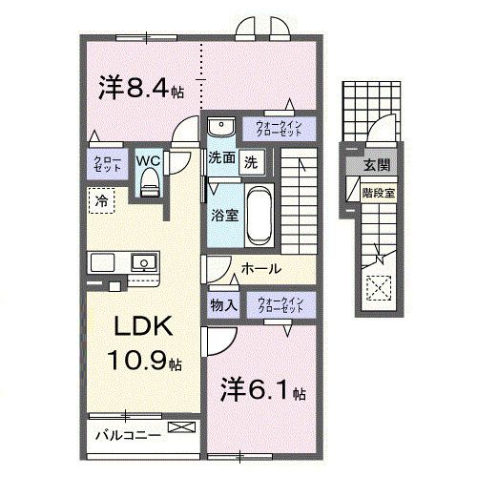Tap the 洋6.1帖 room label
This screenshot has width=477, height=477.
click(261, 392)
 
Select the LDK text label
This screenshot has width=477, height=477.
click(143, 326)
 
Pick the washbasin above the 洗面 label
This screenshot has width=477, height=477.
click(220, 129)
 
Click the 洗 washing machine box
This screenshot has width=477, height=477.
click(251, 160)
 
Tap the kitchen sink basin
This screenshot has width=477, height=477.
click(144, 260)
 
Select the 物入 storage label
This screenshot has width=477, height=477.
click(222, 304)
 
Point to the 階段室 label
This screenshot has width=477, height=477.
click(374, 191)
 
